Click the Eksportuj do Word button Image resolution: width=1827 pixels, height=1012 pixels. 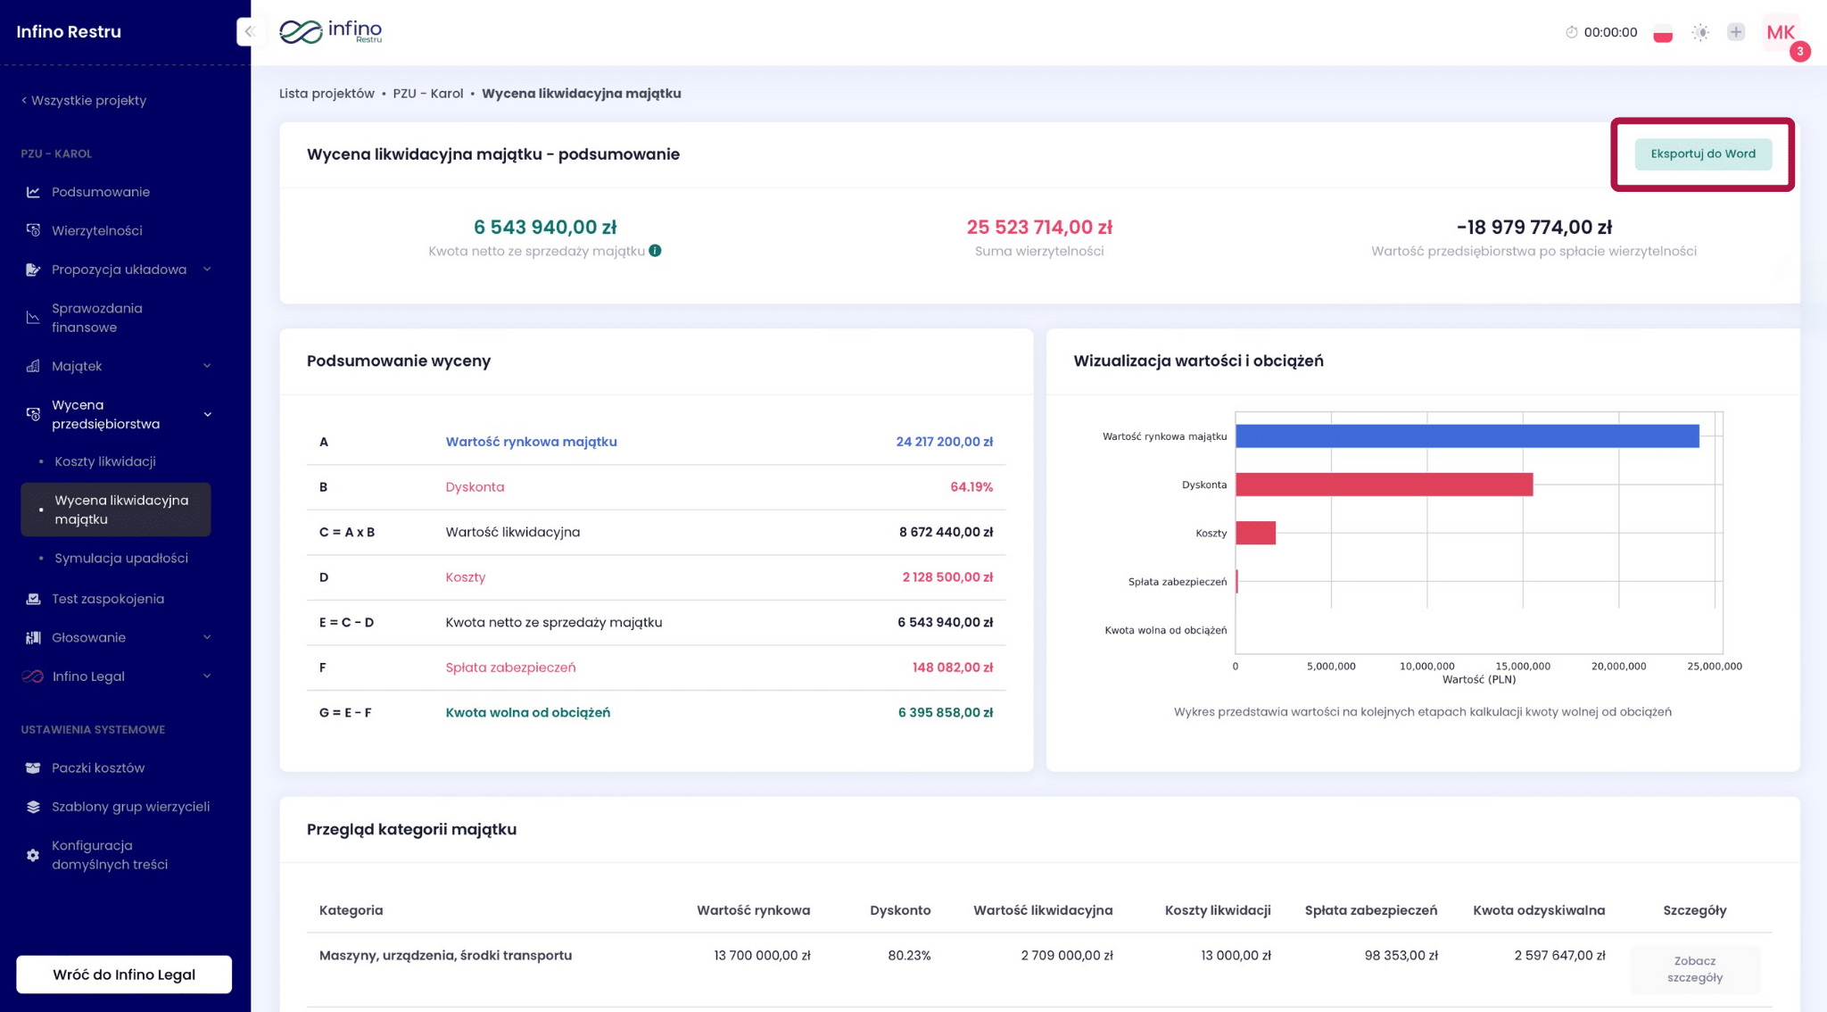(1702, 153)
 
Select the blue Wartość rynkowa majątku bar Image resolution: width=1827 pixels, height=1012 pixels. (1467, 436)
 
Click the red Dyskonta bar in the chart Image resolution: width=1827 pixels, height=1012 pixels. (1384, 485)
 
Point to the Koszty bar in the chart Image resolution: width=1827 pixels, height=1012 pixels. (1255, 533)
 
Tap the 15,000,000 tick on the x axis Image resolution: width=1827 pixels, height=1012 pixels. (1522, 666)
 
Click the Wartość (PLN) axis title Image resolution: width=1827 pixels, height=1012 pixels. (1478, 680)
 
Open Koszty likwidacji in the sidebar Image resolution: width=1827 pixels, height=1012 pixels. (105, 461)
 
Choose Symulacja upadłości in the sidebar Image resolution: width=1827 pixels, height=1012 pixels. (121, 558)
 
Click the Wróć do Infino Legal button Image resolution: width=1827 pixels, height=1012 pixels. (124, 974)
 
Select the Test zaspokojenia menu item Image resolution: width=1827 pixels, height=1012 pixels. (108, 599)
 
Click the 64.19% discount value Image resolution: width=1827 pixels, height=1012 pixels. (971, 487)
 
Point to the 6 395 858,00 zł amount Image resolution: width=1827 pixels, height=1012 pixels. (945, 712)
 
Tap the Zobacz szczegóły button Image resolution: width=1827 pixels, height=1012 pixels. (1694, 968)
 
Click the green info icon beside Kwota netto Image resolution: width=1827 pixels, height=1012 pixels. (655, 251)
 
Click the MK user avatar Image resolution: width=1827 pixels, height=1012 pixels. (1780, 32)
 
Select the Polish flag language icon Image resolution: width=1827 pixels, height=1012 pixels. (1662, 33)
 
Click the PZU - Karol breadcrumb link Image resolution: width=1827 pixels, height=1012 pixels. (427, 94)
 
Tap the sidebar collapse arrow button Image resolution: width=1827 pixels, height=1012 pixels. (249, 31)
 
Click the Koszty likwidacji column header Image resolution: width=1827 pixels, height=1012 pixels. (1217, 910)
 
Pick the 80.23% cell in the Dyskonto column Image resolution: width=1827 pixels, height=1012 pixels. (908, 955)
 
